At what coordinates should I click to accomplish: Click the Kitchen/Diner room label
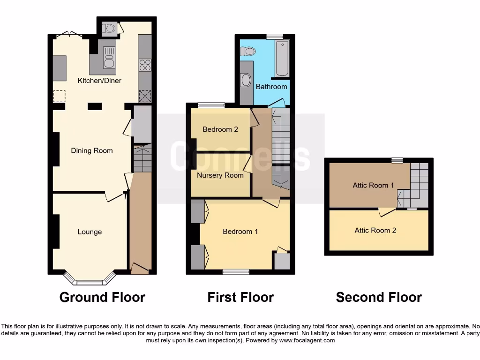[x=99, y=81]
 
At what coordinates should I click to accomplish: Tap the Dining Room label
[x=92, y=151]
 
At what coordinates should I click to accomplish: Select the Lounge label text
[x=90, y=232]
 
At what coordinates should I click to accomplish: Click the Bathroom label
[x=271, y=87]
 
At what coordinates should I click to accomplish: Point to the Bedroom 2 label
[x=220, y=129]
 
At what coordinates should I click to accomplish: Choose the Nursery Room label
[x=220, y=175]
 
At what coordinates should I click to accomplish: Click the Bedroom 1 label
[x=240, y=232]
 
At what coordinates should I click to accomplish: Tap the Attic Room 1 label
[x=374, y=185]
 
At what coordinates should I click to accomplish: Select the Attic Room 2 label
[x=375, y=230]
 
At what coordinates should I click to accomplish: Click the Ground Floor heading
[x=102, y=297]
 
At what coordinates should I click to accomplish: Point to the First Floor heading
[x=240, y=297]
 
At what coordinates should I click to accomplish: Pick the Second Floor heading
[x=379, y=297]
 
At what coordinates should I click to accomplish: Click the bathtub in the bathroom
[x=282, y=59]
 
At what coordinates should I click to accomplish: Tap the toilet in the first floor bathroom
[x=248, y=51]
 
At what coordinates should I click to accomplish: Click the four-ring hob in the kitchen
[x=145, y=65]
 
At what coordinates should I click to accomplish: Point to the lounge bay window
[x=90, y=280]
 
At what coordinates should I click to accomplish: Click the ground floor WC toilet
[x=110, y=29]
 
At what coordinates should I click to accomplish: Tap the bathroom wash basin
[x=246, y=80]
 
